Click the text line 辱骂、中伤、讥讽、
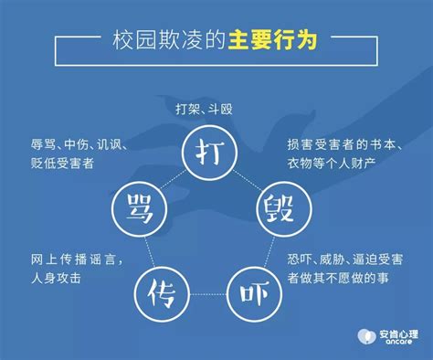78,144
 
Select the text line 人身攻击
55,275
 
